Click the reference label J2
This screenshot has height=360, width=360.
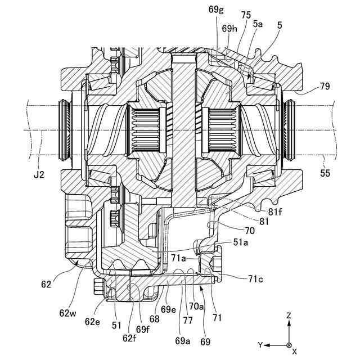pyautogui.click(x=39, y=175)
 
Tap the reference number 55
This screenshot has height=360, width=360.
pyautogui.click(x=325, y=173)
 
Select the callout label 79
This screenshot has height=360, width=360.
pyautogui.click(x=325, y=86)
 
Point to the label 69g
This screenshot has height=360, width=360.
pyautogui.click(x=216, y=10)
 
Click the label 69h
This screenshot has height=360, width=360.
pyautogui.click(x=229, y=29)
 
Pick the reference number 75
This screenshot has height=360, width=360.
pyautogui.click(x=246, y=15)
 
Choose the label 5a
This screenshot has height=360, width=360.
pyautogui.click(x=258, y=24)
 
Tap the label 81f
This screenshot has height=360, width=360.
pyautogui.click(x=275, y=212)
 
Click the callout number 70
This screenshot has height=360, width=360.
pyautogui.click(x=250, y=230)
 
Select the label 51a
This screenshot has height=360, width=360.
pyautogui.click(x=241, y=242)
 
